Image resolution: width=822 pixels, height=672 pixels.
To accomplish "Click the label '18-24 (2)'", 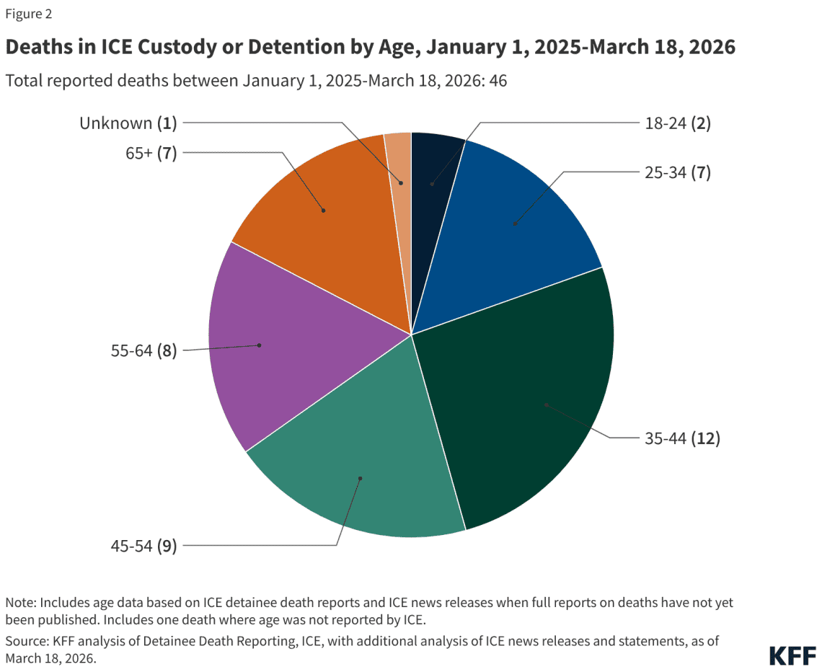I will [x=677, y=123].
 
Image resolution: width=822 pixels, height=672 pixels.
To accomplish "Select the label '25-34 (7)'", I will [x=677, y=172].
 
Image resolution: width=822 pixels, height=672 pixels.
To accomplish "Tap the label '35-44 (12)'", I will [x=682, y=438].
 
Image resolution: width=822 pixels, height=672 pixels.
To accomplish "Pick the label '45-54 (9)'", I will [x=143, y=546].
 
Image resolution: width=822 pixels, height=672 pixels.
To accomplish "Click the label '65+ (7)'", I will [x=149, y=152].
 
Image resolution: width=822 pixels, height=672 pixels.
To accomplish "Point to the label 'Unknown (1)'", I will [x=128, y=123].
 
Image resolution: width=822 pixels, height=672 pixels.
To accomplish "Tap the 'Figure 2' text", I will [x=29, y=14].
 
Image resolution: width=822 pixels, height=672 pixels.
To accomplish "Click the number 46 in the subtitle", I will [x=498, y=81].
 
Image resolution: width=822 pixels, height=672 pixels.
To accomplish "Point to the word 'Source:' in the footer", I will [x=26, y=640].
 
